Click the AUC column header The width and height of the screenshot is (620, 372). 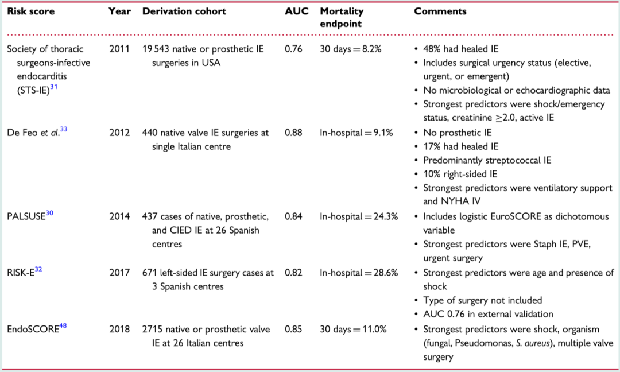click(x=296, y=11)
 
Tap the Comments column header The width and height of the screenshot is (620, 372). click(x=440, y=11)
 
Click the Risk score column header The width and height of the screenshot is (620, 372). click(x=30, y=11)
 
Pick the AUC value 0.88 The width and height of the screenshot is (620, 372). click(x=294, y=133)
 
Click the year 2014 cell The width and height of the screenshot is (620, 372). click(x=119, y=216)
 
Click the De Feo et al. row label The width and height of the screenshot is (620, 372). click(x=33, y=133)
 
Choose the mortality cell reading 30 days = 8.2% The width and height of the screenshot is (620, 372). click(x=351, y=49)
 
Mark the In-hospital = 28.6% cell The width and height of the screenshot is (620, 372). click(x=359, y=273)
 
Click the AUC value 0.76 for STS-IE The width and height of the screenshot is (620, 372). click(x=294, y=49)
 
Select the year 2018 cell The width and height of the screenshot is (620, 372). click(x=119, y=330)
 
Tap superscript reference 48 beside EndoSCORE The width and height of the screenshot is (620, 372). click(x=63, y=327)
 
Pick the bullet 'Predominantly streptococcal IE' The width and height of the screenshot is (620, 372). click(x=487, y=161)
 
